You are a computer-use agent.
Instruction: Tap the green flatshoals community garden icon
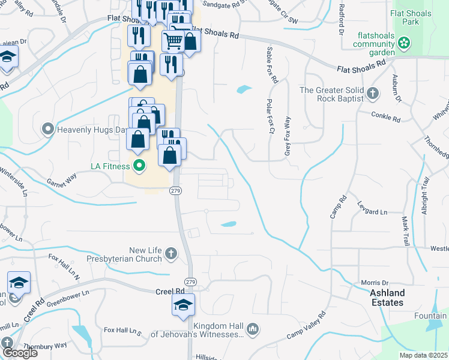[404, 43]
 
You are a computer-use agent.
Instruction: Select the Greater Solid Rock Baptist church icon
[373, 93]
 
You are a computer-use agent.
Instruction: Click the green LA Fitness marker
[139, 165]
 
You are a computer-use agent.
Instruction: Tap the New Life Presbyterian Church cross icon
[171, 253]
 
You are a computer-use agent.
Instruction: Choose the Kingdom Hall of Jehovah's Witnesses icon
[253, 329]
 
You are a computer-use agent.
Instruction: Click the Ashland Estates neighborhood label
[387, 298]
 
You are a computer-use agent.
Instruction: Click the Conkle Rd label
[385, 117]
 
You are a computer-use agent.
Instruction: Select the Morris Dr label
[375, 283]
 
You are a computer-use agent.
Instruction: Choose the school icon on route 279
[184, 304]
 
